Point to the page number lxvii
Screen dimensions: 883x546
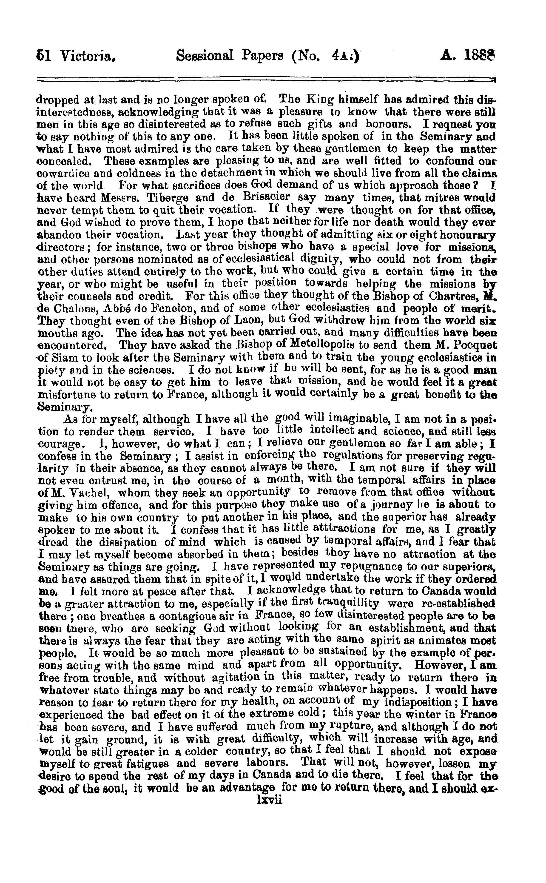268,800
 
